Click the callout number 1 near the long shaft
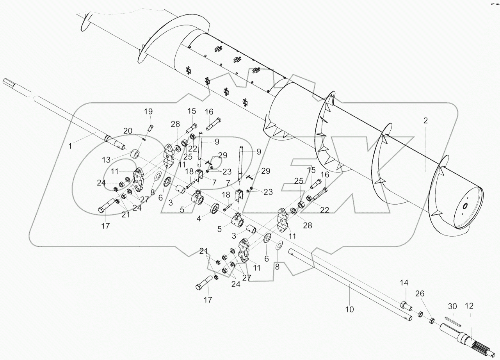point(70,146)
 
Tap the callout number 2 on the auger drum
point(425,121)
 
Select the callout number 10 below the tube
point(349,310)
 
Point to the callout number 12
point(469,307)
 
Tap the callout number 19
point(148,112)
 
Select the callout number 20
point(128,130)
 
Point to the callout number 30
point(452,307)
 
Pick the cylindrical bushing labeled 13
point(135,153)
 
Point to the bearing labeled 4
point(215,209)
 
